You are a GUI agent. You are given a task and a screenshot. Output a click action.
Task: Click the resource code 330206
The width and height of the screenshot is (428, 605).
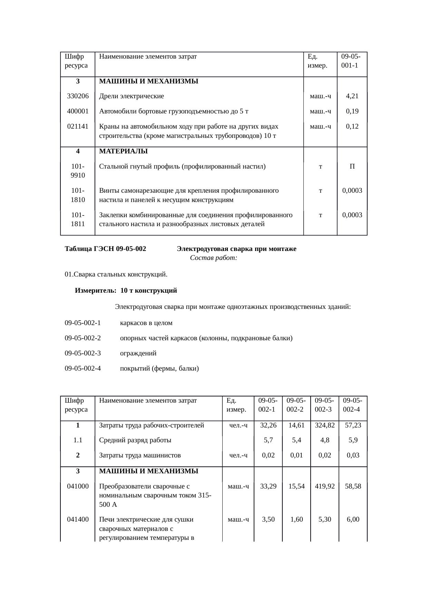(x=78, y=96)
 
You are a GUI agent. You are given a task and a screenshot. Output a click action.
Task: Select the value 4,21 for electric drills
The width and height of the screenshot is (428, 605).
(x=352, y=96)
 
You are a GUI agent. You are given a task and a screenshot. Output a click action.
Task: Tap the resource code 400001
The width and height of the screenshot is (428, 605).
(x=78, y=111)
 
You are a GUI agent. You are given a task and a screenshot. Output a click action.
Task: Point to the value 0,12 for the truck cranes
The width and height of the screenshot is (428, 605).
(x=352, y=127)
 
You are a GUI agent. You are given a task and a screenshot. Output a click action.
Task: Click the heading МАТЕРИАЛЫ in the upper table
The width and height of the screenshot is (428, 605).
(x=123, y=151)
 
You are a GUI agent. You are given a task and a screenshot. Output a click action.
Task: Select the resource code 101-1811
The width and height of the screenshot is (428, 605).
(x=78, y=220)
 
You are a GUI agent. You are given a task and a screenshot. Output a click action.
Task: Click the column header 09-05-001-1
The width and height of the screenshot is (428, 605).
(x=351, y=61)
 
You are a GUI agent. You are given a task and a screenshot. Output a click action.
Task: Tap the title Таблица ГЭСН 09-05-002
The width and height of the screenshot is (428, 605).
(x=105, y=249)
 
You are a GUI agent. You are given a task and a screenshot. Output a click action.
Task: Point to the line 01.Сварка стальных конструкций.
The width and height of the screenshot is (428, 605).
(x=116, y=274)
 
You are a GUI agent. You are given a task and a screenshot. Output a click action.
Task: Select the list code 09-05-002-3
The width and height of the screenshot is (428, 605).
(x=83, y=353)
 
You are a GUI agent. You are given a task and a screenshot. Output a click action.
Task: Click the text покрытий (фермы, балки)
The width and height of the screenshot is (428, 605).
(x=159, y=369)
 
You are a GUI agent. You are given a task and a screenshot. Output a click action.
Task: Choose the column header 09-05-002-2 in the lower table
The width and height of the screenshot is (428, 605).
(x=296, y=405)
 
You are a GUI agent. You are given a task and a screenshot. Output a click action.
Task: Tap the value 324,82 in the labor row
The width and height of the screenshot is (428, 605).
(x=324, y=425)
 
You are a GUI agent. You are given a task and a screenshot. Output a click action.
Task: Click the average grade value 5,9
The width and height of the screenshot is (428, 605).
(x=353, y=440)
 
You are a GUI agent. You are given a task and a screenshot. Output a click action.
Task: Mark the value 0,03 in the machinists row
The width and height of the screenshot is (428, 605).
(x=353, y=455)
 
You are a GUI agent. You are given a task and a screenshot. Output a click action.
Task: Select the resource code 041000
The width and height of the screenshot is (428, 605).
(x=78, y=486)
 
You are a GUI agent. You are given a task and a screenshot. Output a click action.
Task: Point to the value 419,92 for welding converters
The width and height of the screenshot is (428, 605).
(x=324, y=486)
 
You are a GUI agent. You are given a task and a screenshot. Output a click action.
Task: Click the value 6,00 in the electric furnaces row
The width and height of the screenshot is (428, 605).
(x=353, y=520)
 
